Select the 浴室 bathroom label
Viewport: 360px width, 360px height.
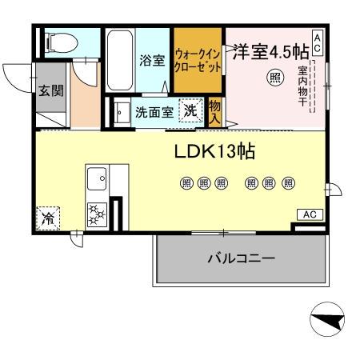click(152, 59)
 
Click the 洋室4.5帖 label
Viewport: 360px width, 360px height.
click(270, 51)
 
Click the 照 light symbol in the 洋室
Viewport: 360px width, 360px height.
click(274, 78)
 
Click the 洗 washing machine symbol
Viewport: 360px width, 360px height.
click(190, 110)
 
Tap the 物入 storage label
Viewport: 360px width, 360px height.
click(215, 111)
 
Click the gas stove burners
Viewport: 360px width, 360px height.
click(98, 213)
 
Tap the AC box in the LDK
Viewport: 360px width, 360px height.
click(310, 214)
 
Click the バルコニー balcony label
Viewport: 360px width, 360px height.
click(241, 259)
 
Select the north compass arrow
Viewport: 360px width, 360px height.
click(328, 322)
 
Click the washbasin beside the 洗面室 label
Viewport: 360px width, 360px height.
click(120, 112)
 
